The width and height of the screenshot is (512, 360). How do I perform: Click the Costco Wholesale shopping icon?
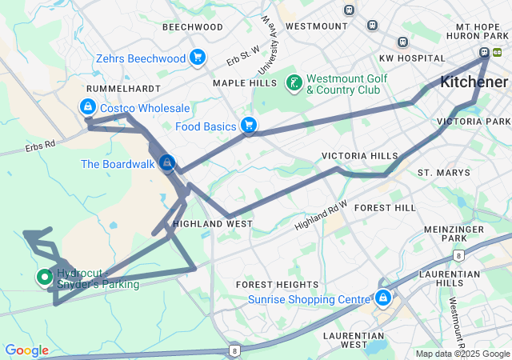(x=87, y=106)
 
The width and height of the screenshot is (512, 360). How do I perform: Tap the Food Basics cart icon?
(x=249, y=126)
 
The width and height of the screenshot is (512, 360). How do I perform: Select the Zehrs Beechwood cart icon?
(x=198, y=57)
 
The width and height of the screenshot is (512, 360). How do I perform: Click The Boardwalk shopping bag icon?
(x=166, y=163)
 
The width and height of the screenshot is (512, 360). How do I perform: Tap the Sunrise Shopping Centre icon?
(x=383, y=298)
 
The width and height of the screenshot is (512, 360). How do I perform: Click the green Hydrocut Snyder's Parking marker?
(x=44, y=278)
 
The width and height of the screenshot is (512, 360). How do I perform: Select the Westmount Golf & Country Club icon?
(x=294, y=82)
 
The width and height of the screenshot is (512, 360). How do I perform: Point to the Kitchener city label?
(x=474, y=82)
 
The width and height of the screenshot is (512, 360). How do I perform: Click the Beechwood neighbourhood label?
(x=192, y=26)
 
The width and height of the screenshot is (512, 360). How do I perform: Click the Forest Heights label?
(x=277, y=285)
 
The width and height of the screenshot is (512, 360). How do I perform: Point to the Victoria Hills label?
(x=359, y=155)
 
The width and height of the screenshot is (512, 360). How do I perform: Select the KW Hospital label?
(x=411, y=58)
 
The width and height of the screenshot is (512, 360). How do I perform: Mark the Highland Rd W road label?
(x=321, y=215)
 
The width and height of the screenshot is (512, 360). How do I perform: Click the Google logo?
(x=26, y=350)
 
